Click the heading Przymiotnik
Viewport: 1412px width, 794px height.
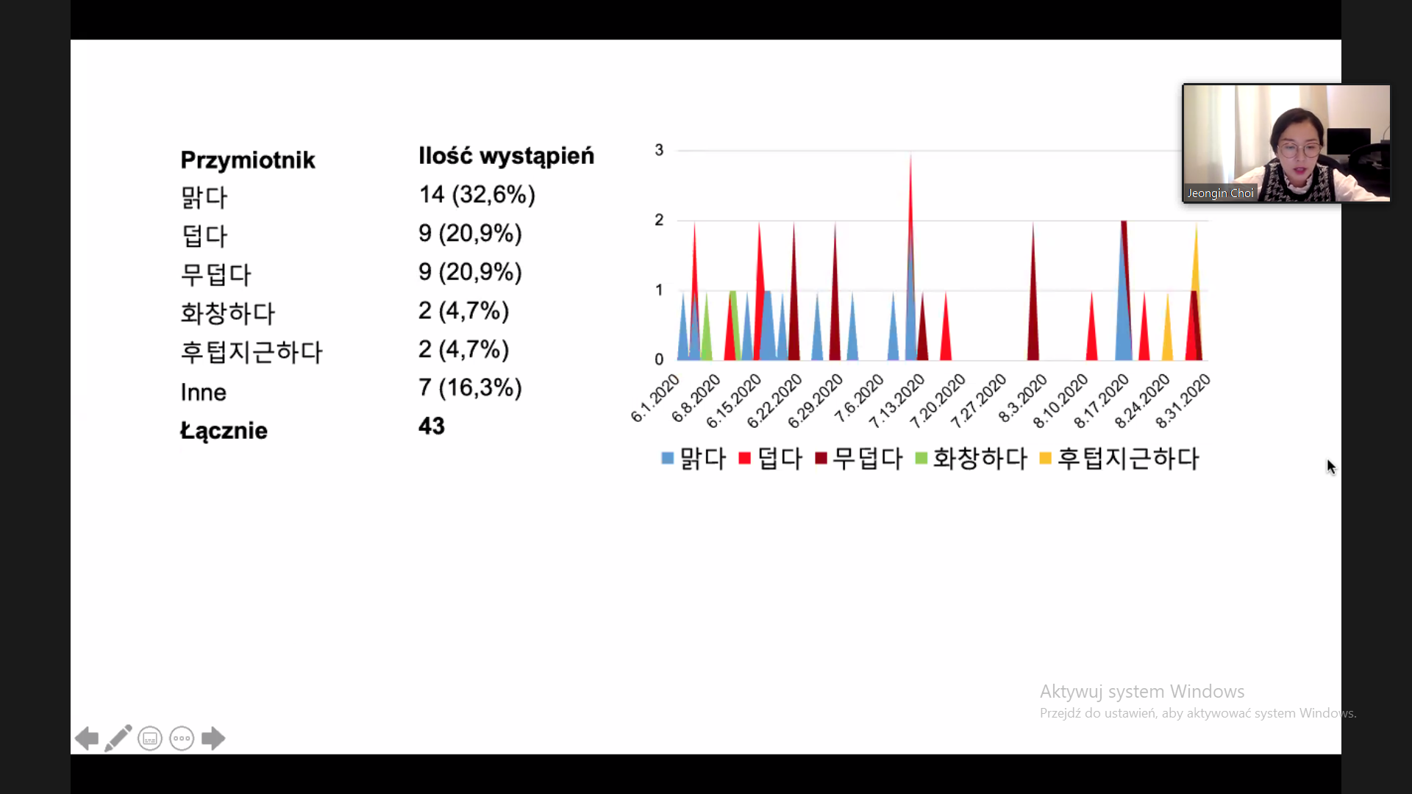click(248, 160)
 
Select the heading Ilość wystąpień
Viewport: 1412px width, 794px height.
click(507, 156)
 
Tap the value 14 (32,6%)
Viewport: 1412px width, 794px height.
click(477, 195)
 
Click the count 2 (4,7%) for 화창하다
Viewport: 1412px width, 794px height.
click(464, 311)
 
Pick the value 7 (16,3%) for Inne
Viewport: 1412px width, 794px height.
click(471, 387)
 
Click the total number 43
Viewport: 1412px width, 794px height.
click(432, 426)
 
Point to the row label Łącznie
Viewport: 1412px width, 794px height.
click(224, 431)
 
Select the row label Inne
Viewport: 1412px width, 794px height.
click(204, 393)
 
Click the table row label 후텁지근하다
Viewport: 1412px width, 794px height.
click(252, 351)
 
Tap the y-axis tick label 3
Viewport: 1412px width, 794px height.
click(659, 150)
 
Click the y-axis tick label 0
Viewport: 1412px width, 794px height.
click(659, 360)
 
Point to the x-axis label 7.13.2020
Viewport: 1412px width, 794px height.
click(897, 401)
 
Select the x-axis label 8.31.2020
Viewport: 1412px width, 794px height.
click(1183, 401)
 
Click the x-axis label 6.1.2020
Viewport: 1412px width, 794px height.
click(655, 398)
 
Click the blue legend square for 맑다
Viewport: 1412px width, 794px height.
click(668, 458)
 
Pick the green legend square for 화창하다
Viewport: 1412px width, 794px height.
click(921, 458)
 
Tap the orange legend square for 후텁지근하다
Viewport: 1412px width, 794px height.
click(1045, 458)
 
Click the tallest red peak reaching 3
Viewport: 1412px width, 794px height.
click(910, 155)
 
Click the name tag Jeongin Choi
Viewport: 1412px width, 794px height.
click(1220, 193)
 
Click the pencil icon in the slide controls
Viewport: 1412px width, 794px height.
click(118, 738)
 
